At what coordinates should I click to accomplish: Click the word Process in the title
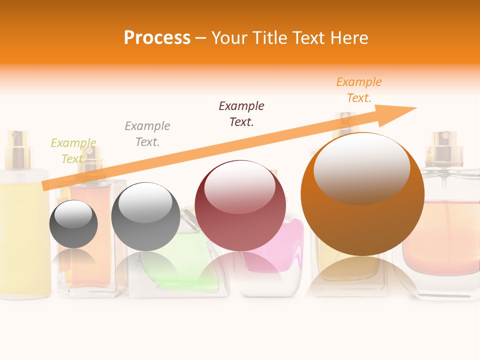(x=157, y=38)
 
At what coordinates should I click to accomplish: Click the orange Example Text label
(x=358, y=90)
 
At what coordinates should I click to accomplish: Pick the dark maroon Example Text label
(x=241, y=113)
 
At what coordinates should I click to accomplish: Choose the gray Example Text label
(x=147, y=133)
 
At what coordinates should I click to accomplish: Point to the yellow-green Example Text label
(x=73, y=150)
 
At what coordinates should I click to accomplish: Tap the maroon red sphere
(x=240, y=220)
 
